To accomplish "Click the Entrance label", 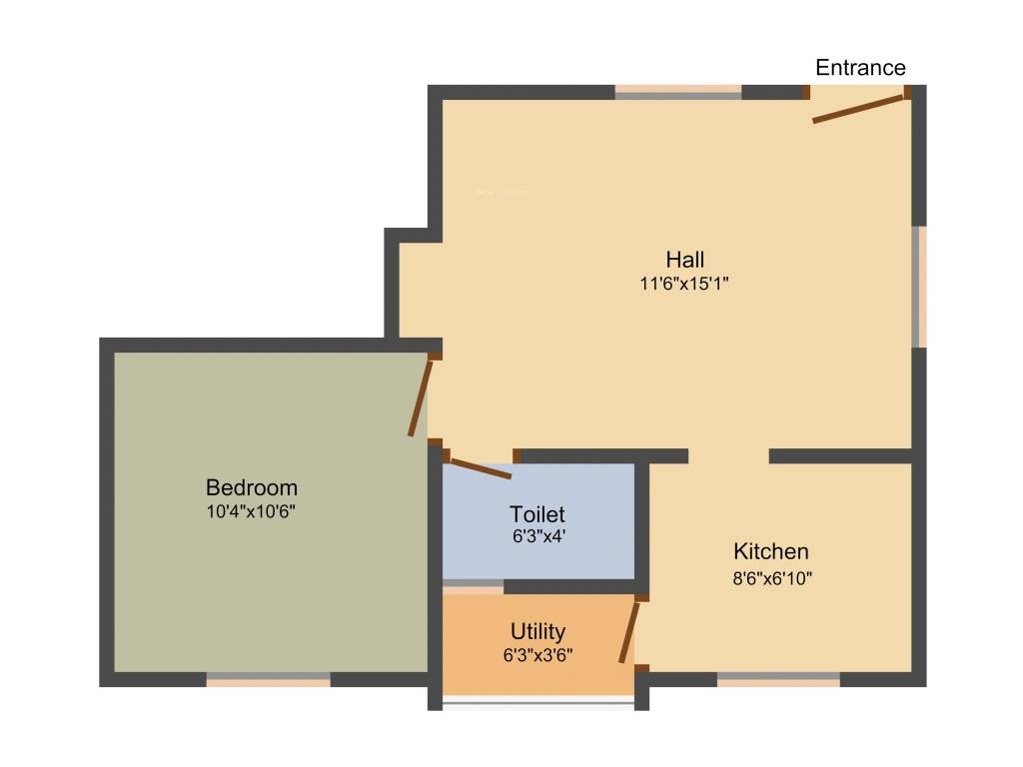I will point(860,68).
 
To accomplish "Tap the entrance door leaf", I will point(858,109).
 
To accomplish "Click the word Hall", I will point(685,260).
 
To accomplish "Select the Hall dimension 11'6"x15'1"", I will point(685,284).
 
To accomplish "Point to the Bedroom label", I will point(252,488).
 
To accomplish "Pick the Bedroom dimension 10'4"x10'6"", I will point(252,511).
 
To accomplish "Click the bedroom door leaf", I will point(421,398).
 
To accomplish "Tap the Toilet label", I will point(537,514).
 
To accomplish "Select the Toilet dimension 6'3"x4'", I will point(537,536).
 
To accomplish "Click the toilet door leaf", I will point(481,468).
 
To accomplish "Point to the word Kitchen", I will point(771,551).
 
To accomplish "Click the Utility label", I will point(537,631).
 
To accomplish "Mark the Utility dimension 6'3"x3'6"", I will point(537,655).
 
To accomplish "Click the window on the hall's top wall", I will point(678,92).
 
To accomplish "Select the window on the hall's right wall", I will point(918,287).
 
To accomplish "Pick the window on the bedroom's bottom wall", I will point(268,679).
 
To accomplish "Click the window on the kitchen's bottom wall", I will point(778,679).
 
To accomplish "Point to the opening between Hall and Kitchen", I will point(728,456).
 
